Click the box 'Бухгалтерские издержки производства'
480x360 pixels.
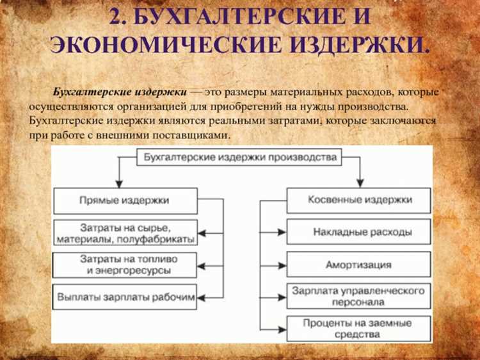(x=239, y=157)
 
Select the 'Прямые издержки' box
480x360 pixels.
(x=125, y=200)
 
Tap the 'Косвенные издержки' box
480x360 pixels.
(x=359, y=200)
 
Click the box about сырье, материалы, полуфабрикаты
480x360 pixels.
(x=125, y=233)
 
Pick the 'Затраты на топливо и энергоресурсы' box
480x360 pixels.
(x=125, y=265)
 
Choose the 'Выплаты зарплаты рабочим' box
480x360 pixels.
(x=125, y=297)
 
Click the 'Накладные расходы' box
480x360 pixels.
(x=359, y=232)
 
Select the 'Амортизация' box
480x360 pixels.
(x=359, y=264)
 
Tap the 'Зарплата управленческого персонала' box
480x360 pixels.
(x=359, y=296)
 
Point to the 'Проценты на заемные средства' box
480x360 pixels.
(x=359, y=329)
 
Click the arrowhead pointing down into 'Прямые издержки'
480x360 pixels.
(x=119, y=184)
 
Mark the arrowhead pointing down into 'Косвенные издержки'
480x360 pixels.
(x=360, y=183)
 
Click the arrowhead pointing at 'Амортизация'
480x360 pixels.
(x=282, y=265)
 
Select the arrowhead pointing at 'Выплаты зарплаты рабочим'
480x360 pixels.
(x=202, y=297)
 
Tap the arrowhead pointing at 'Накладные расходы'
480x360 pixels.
(x=282, y=233)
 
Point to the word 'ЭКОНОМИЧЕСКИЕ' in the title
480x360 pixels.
(x=166, y=45)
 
